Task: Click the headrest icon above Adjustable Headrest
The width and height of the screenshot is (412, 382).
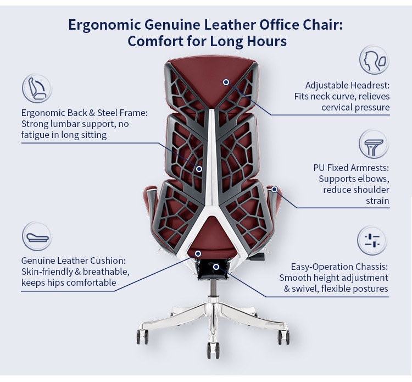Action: (374, 60)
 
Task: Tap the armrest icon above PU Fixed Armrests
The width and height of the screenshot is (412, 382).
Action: (374, 145)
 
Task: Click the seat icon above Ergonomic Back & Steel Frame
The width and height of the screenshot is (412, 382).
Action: (37, 88)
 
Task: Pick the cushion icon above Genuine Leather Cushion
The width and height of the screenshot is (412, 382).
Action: (37, 237)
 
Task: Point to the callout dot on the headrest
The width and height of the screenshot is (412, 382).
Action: (226, 82)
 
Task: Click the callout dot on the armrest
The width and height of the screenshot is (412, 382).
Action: (274, 189)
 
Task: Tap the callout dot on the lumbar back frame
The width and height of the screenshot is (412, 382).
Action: (199, 169)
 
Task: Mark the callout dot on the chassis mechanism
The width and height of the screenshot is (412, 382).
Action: (216, 267)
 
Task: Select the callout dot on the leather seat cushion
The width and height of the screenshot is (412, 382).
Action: (198, 253)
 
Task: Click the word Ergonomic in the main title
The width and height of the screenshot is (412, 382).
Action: (104, 25)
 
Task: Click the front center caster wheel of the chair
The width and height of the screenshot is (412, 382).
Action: (212, 348)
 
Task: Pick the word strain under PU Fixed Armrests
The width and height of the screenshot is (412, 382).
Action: (377, 201)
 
